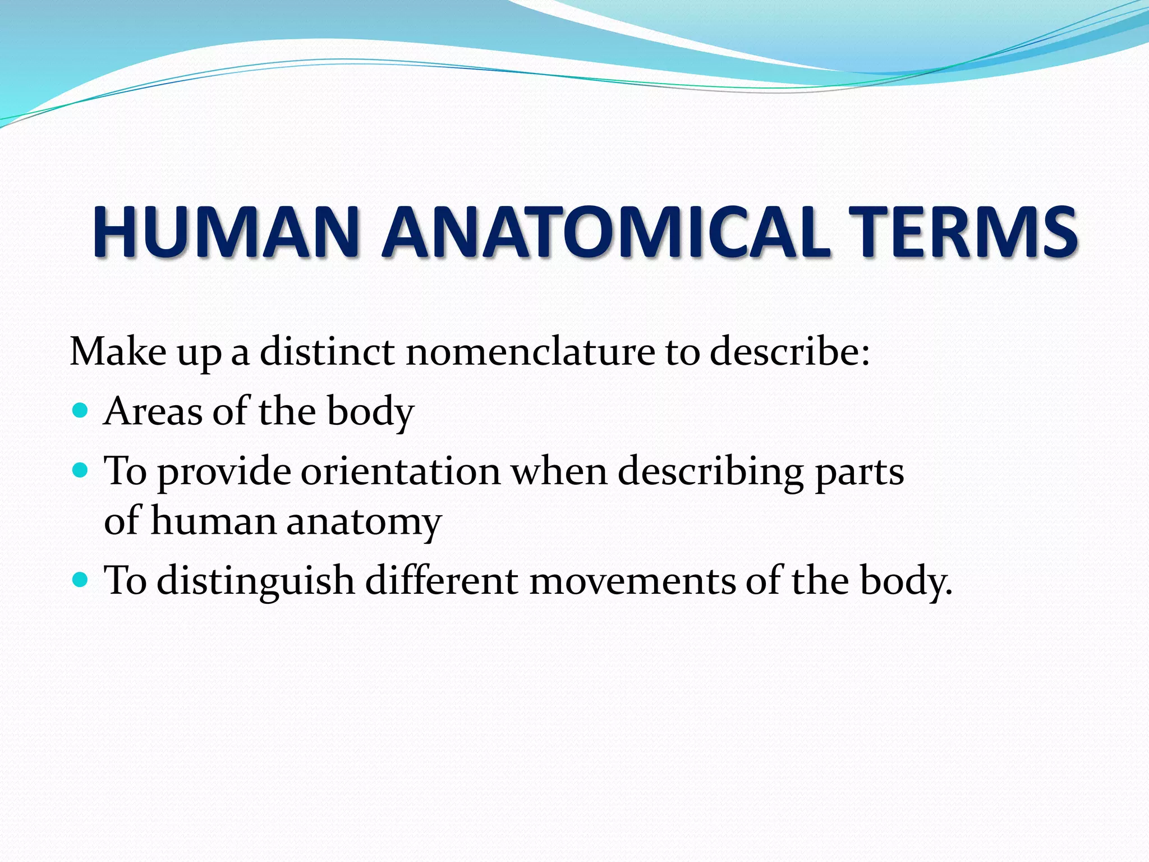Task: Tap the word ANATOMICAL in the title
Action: (606, 232)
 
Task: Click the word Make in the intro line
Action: (118, 352)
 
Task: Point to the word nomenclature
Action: (530, 352)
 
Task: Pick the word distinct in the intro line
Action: (327, 352)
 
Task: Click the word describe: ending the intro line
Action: (790, 352)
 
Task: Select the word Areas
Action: (153, 411)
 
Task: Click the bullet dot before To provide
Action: (81, 470)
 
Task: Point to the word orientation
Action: (401, 471)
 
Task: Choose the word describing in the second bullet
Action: (711, 472)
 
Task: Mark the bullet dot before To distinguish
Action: (81, 579)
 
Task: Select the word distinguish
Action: (256, 581)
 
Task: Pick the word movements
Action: (632, 580)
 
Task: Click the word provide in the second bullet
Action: (223, 472)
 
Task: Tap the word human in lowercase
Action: (214, 520)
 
